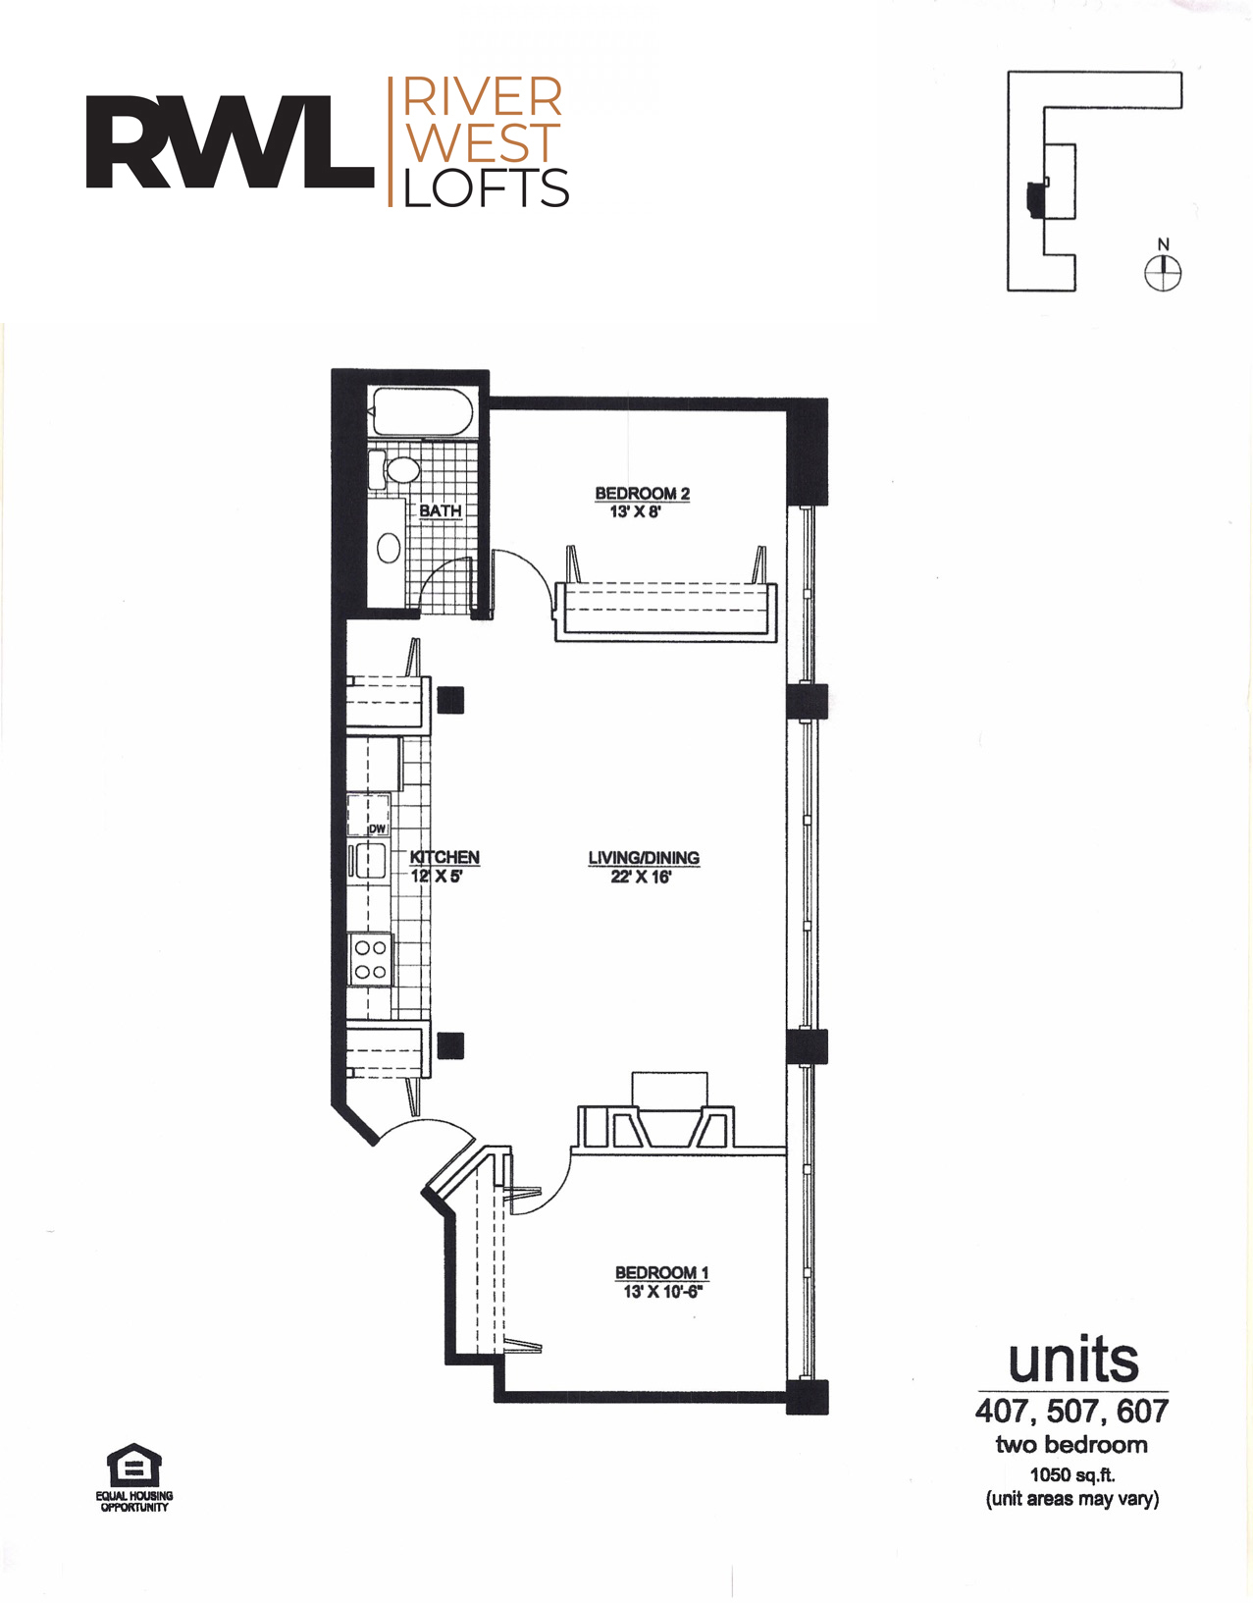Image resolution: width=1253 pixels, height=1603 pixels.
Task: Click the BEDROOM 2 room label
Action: tap(642, 493)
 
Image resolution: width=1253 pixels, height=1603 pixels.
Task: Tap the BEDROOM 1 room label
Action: tap(662, 1272)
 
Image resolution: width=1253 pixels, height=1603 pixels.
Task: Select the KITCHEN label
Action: tap(444, 856)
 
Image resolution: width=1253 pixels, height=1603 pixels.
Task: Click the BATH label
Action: tap(441, 510)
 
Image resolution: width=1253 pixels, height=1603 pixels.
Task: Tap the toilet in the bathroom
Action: tap(394, 469)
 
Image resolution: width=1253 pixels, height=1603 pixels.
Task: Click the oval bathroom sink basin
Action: tap(389, 548)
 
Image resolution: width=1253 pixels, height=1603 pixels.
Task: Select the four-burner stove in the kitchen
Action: tap(370, 959)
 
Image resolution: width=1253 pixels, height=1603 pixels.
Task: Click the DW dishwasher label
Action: tap(378, 828)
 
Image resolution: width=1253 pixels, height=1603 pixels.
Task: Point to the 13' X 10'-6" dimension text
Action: tap(662, 1291)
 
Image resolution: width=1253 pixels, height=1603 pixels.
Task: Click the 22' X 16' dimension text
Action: tap(641, 877)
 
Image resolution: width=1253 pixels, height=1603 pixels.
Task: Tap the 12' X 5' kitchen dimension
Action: tap(437, 877)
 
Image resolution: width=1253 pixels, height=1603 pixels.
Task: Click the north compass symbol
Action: tap(1163, 273)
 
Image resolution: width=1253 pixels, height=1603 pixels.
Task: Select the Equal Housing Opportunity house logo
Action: tap(134, 1465)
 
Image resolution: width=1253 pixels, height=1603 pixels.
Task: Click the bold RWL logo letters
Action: tap(230, 141)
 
